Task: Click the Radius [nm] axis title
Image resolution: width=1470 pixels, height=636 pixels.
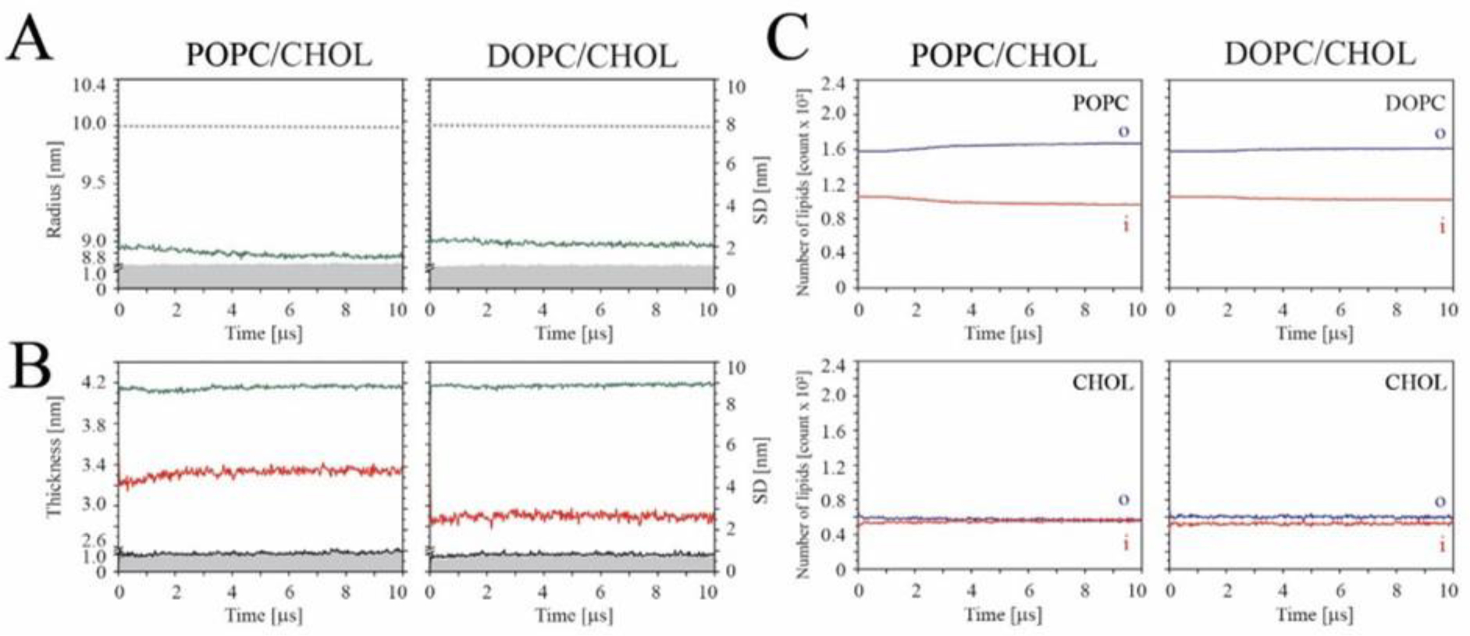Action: [x=54, y=189]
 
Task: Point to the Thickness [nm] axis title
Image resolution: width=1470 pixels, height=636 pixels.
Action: [x=54, y=457]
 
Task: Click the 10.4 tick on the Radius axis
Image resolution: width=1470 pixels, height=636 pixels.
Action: [x=90, y=85]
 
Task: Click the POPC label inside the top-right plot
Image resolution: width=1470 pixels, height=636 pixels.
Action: [x=1099, y=103]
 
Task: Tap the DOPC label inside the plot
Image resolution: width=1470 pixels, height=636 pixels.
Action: [x=1415, y=103]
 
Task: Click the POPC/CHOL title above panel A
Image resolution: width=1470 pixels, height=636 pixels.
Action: [x=279, y=55]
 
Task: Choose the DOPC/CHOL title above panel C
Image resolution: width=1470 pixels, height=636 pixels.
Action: [x=1319, y=54]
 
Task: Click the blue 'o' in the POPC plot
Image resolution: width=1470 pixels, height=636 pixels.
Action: [x=1123, y=131]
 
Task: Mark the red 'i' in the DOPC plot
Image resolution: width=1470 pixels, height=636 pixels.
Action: [x=1442, y=226]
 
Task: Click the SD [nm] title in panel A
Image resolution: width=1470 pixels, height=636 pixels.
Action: [x=760, y=190]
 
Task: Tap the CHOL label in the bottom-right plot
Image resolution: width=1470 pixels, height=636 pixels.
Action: [x=1415, y=382]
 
